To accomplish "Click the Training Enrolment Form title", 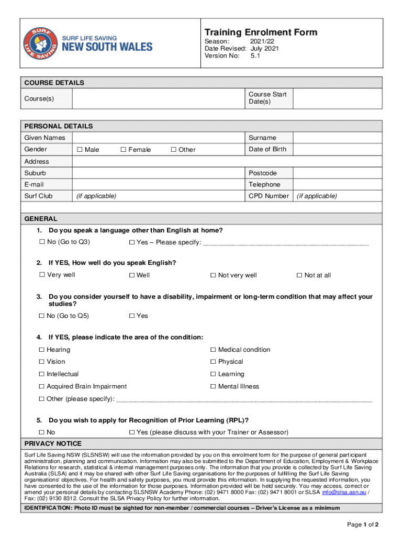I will coord(261,32).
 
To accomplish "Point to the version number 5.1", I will coord(255,55).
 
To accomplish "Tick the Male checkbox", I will coord(80,150).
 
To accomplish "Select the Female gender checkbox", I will coord(124,150).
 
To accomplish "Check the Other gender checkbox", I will coord(174,150).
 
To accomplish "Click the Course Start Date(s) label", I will coord(267,98).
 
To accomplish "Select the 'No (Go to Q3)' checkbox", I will coord(42,242).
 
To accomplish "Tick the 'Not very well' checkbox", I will coord(213,275).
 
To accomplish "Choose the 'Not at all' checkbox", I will coord(299,275).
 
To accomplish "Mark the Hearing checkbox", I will coord(42,350).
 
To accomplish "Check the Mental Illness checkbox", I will coord(213,387).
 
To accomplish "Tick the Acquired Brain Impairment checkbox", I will coord(42,387).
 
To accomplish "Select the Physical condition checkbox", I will coord(213,362).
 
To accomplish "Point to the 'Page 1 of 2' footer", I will coord(363,524).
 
